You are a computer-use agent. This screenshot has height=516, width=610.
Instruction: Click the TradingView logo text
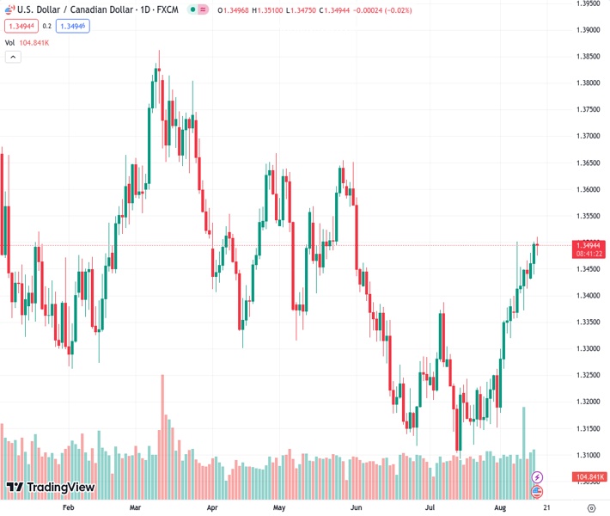(x=60, y=488)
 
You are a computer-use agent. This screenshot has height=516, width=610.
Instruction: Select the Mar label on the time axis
(x=135, y=508)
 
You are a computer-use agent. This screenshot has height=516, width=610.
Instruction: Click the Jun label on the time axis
(x=356, y=508)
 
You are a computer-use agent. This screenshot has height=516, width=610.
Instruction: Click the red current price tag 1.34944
(x=588, y=245)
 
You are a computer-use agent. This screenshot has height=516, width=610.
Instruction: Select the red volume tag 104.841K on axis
(x=589, y=476)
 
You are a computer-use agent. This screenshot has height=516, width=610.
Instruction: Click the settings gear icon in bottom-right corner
(x=589, y=508)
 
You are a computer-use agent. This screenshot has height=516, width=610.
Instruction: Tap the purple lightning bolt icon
(x=538, y=476)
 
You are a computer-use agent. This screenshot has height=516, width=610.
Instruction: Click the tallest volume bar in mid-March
(x=162, y=430)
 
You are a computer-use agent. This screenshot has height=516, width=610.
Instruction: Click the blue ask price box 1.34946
(x=73, y=26)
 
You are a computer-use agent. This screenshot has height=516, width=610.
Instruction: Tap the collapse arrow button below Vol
(x=13, y=57)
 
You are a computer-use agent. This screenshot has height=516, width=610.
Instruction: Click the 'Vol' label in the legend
(x=9, y=42)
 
